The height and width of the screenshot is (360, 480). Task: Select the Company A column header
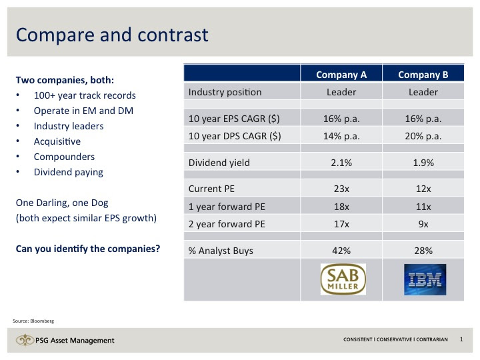342,75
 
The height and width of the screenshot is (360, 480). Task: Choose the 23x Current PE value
342,189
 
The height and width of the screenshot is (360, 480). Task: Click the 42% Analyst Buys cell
342,251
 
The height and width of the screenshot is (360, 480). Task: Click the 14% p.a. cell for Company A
342,137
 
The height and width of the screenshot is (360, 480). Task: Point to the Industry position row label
225,92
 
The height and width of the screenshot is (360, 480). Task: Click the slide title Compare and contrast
112,35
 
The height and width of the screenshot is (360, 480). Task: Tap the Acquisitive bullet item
57,141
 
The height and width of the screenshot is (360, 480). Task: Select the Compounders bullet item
64,157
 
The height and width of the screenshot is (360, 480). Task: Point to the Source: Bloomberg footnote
32,321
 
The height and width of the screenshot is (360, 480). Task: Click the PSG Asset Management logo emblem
25,341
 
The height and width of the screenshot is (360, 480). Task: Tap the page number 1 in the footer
461,340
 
